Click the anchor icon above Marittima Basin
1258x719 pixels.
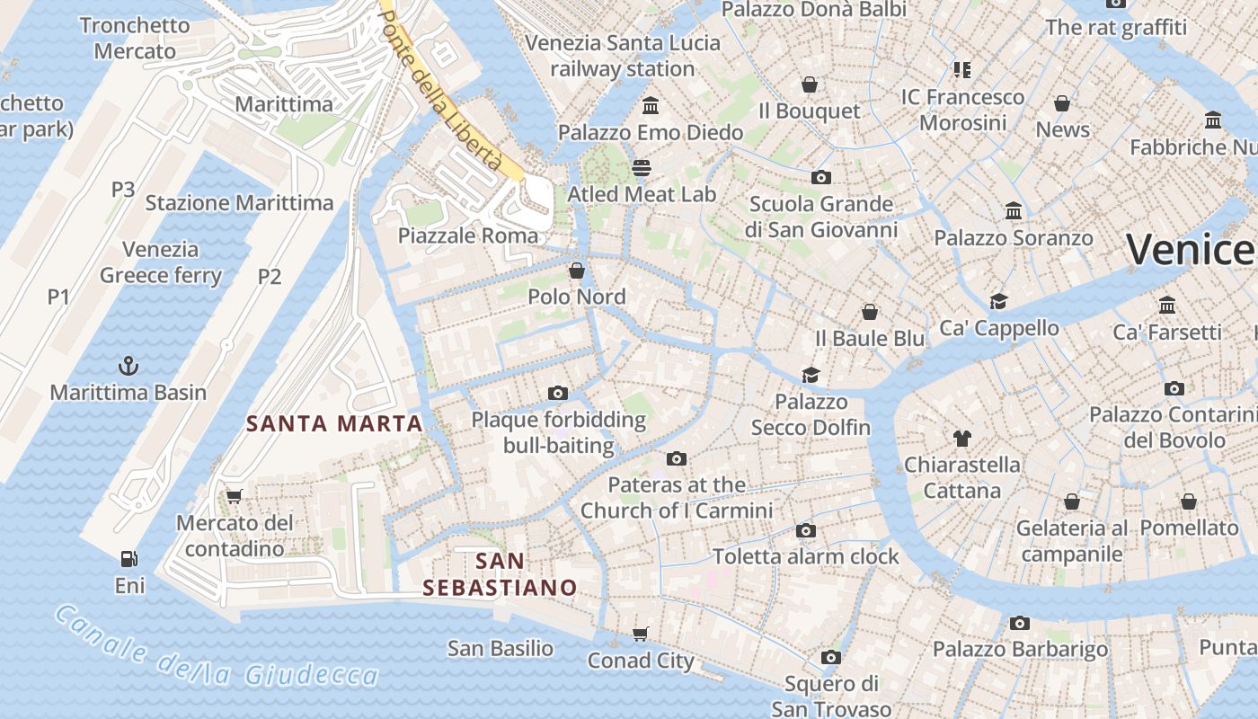click(x=128, y=366)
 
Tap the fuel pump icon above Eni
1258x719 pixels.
click(x=129, y=559)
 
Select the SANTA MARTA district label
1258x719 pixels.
click(x=334, y=423)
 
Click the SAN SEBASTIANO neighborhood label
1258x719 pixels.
click(x=500, y=574)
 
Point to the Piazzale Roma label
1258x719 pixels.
click(x=468, y=235)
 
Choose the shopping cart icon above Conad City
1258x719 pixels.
click(x=641, y=635)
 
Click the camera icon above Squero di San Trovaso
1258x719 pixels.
click(x=831, y=657)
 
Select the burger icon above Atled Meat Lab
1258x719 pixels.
click(x=642, y=168)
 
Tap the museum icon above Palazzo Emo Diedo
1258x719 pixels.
click(x=651, y=106)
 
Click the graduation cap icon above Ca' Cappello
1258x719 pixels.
click(x=998, y=301)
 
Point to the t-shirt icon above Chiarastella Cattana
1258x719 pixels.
click(x=962, y=438)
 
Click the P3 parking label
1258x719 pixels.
click(x=123, y=189)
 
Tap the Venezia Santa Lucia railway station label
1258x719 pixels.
click(x=623, y=56)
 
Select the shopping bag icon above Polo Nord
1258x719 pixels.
click(x=577, y=271)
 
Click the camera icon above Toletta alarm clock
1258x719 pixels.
click(x=806, y=530)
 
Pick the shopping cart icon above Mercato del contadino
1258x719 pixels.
click(x=235, y=496)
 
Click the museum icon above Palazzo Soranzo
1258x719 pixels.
click(x=1014, y=211)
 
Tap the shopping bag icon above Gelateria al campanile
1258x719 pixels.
click(x=1072, y=502)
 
